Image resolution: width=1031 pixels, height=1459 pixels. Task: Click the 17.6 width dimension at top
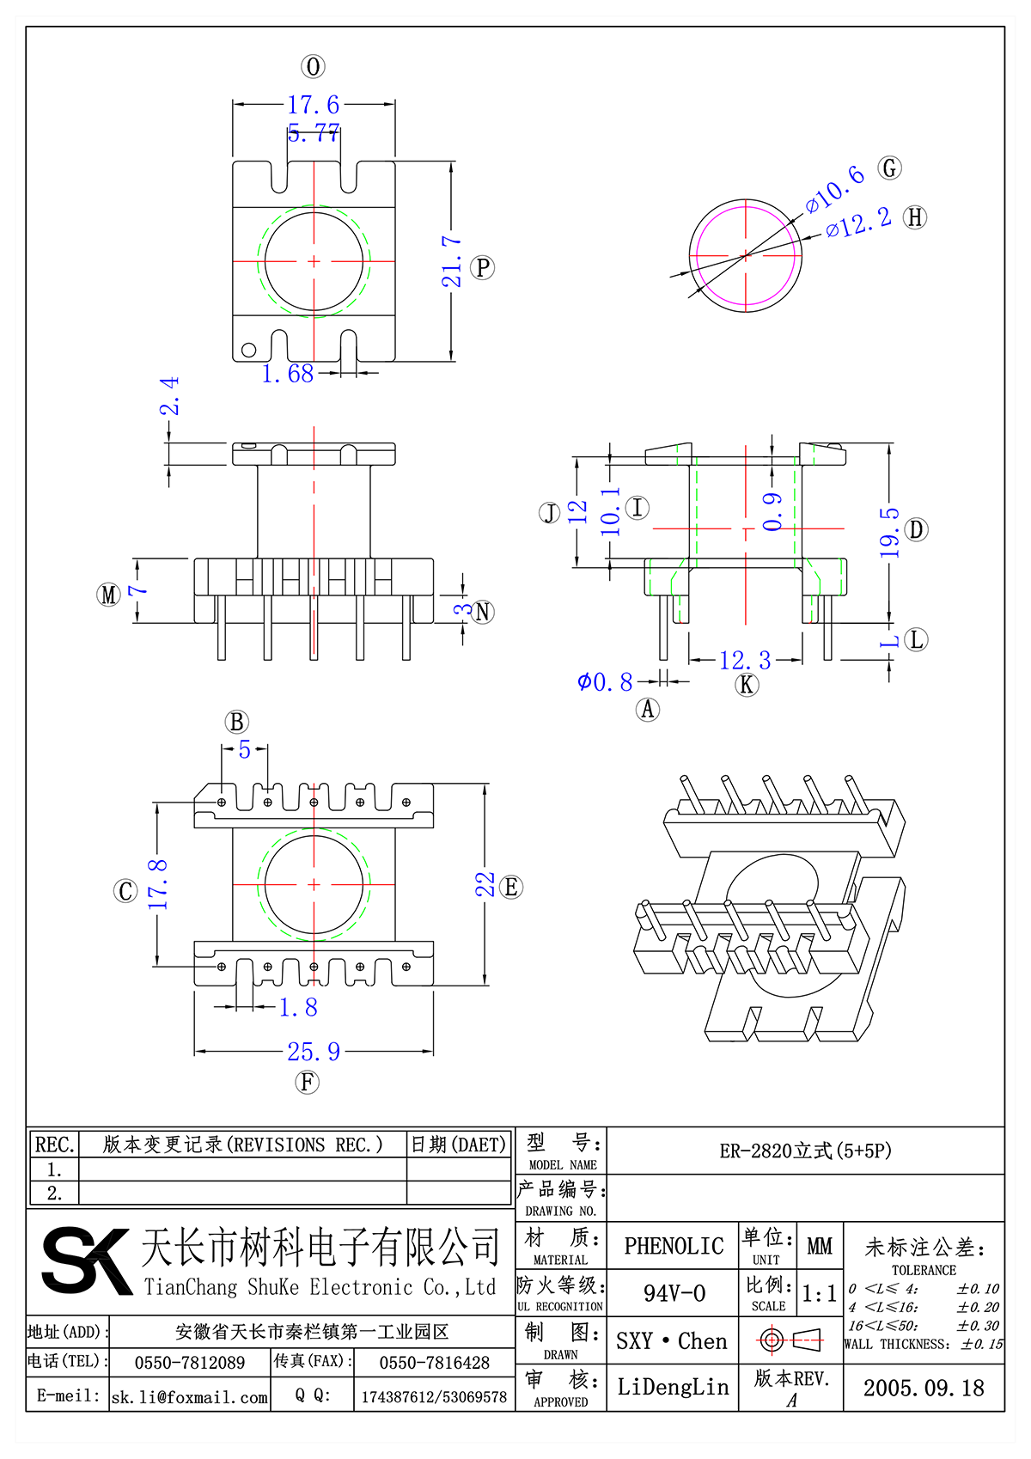pyautogui.click(x=314, y=105)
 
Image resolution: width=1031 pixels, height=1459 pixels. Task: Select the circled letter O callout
pyautogui.click(x=313, y=67)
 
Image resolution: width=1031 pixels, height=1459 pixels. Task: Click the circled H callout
pyautogui.click(x=916, y=217)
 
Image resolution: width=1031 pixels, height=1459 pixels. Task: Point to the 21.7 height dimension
pyautogui.click(x=453, y=261)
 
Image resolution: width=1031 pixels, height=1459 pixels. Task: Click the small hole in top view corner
pyautogui.click(x=248, y=350)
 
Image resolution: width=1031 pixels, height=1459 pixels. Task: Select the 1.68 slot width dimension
pyautogui.click(x=288, y=374)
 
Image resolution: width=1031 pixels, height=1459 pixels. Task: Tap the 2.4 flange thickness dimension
pyautogui.click(x=170, y=395)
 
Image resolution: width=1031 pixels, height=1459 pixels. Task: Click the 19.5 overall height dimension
pyautogui.click(x=889, y=533)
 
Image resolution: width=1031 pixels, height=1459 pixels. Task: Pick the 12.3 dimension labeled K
pyautogui.click(x=745, y=661)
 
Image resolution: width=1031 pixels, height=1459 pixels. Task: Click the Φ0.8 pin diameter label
pyautogui.click(x=605, y=682)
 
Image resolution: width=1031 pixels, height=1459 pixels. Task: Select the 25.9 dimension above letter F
pyautogui.click(x=314, y=1052)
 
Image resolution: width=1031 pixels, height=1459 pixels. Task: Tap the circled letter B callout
pyautogui.click(x=237, y=722)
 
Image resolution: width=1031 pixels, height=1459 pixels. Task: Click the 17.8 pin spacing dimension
pyautogui.click(x=158, y=884)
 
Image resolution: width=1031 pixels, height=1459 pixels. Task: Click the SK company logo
pyautogui.click(x=86, y=1261)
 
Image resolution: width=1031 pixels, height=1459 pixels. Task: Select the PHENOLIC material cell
pyautogui.click(x=674, y=1246)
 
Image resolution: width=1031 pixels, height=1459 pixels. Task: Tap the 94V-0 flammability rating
pyautogui.click(x=674, y=1293)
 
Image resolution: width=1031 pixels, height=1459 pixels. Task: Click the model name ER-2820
pyautogui.click(x=805, y=1151)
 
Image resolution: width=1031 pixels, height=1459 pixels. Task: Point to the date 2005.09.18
pyautogui.click(x=924, y=1388)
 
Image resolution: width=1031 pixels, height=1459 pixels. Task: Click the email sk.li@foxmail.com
pyautogui.click(x=190, y=1397)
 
